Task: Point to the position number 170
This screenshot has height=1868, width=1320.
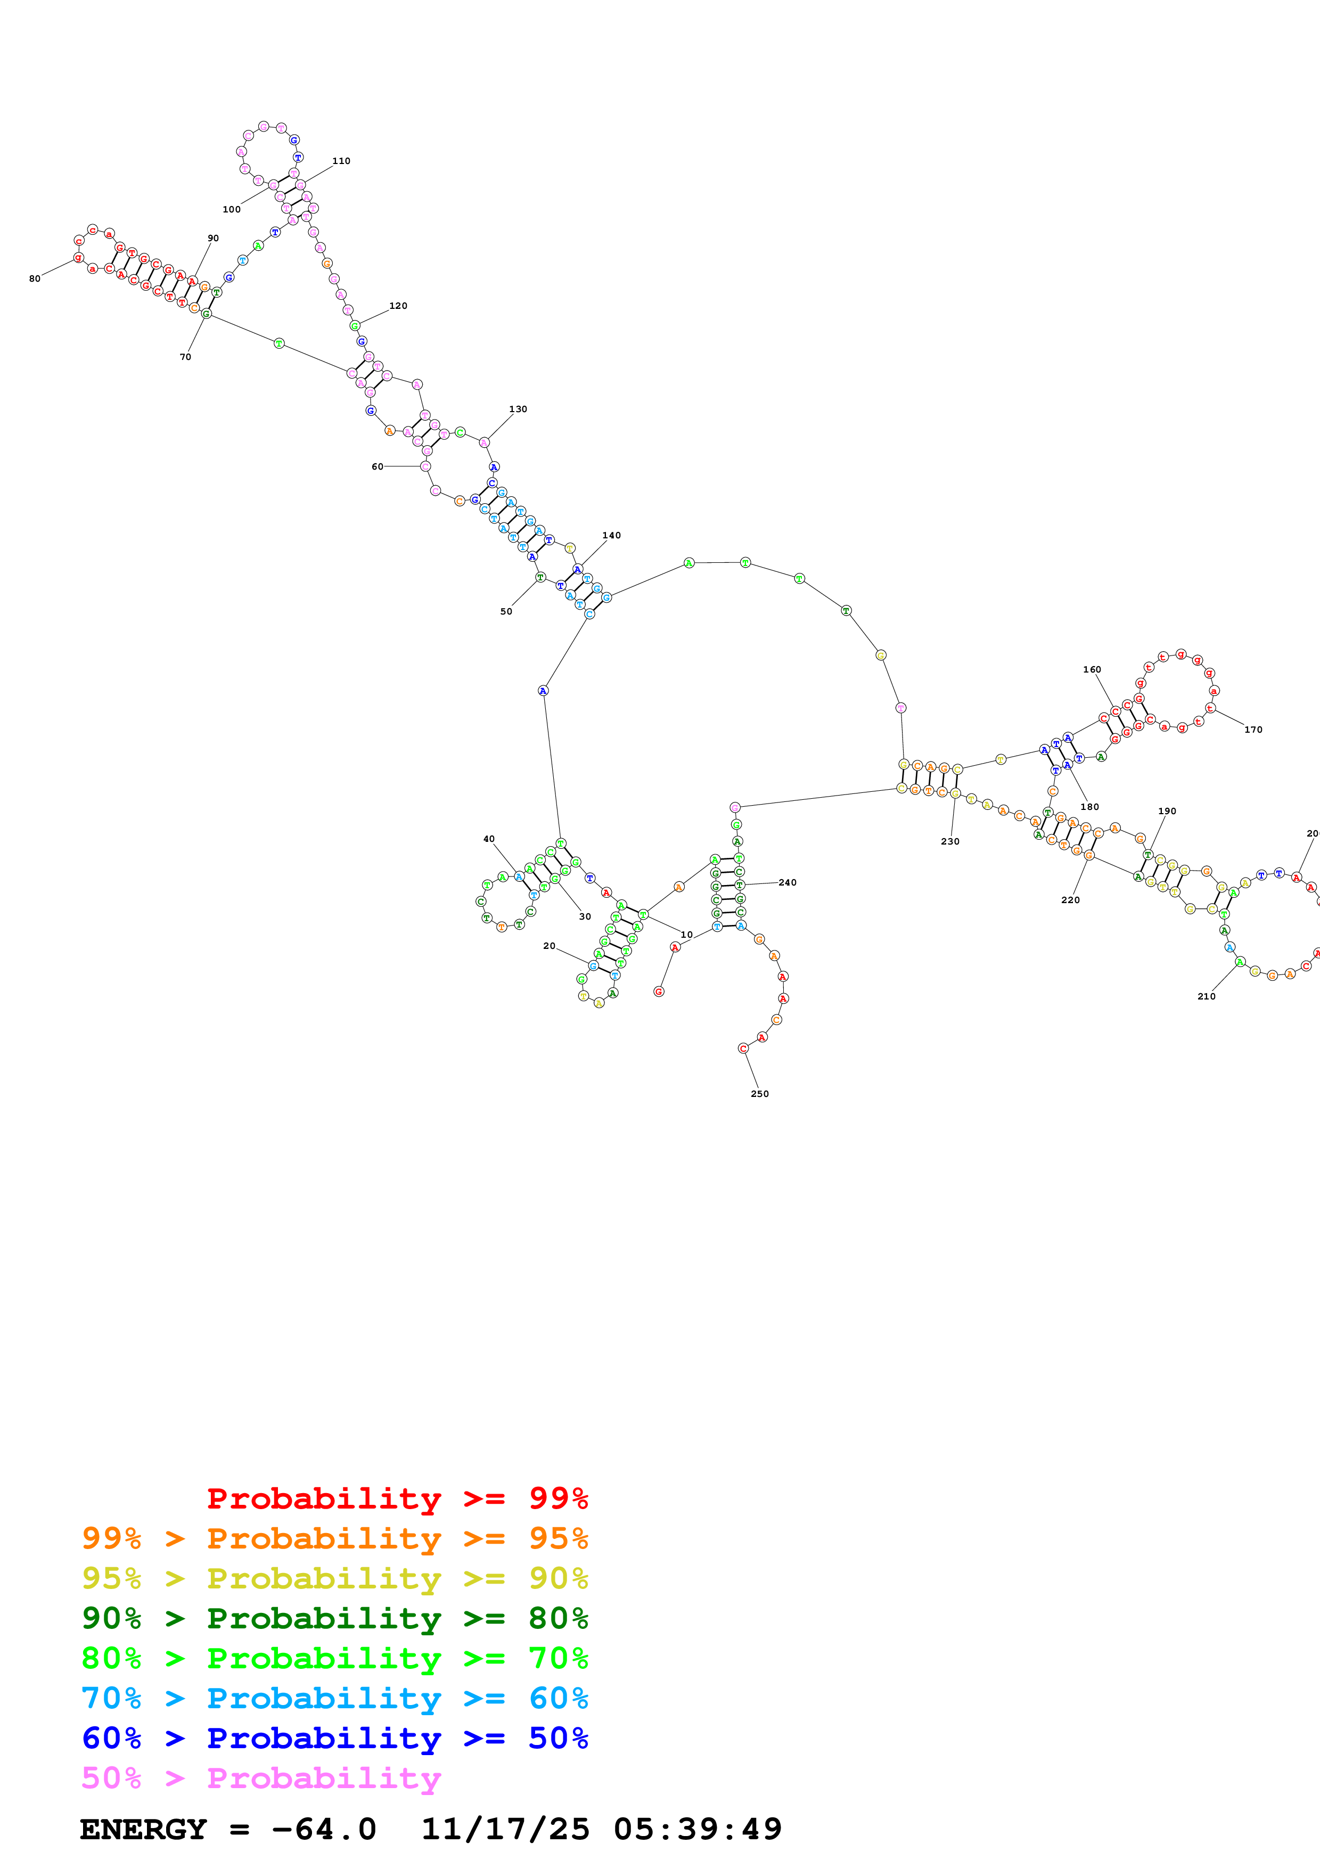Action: [1253, 730]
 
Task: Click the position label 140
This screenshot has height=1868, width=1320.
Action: [612, 535]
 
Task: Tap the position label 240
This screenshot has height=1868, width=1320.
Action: [788, 883]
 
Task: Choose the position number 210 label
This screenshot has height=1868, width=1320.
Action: [1206, 997]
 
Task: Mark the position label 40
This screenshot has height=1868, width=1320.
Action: [489, 839]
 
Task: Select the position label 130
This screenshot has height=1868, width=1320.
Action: [518, 409]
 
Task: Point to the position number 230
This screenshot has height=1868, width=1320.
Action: [950, 842]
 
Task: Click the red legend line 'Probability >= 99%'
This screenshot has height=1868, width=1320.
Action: [397, 1498]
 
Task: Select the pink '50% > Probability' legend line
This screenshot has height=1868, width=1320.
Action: [261, 1777]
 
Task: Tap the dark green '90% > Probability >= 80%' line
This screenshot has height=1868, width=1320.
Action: [334, 1618]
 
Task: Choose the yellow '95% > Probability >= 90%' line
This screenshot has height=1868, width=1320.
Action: [334, 1578]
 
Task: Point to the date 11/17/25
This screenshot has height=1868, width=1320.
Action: [505, 1830]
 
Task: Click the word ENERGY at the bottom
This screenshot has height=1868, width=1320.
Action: [143, 1830]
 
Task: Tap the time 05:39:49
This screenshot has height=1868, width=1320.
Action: [698, 1830]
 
